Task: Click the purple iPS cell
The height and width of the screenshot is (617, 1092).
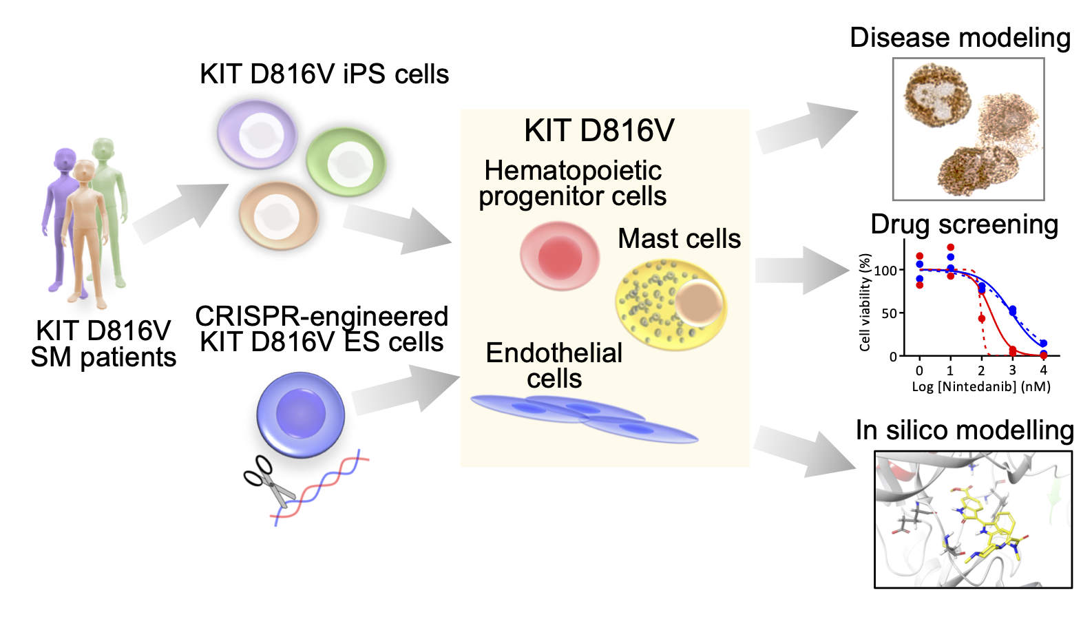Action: tap(257, 134)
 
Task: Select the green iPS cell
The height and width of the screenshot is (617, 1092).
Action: tap(346, 163)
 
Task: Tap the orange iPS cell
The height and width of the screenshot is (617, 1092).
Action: tap(278, 216)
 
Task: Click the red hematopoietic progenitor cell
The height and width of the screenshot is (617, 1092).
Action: tap(559, 256)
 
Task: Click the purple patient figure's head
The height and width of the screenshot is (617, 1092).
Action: tap(65, 160)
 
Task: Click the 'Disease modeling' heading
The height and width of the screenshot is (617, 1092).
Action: tap(960, 38)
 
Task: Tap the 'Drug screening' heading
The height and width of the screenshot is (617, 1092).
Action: tap(964, 224)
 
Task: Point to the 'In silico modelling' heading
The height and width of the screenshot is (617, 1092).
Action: tap(965, 430)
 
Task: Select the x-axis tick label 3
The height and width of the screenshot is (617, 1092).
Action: tap(1012, 370)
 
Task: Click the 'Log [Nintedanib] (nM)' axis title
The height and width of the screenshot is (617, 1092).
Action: tap(981, 386)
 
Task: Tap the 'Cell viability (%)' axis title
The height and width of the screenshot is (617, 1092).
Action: tap(865, 302)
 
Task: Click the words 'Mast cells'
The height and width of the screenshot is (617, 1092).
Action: tap(679, 239)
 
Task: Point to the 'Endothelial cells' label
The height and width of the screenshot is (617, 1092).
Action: tap(554, 366)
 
